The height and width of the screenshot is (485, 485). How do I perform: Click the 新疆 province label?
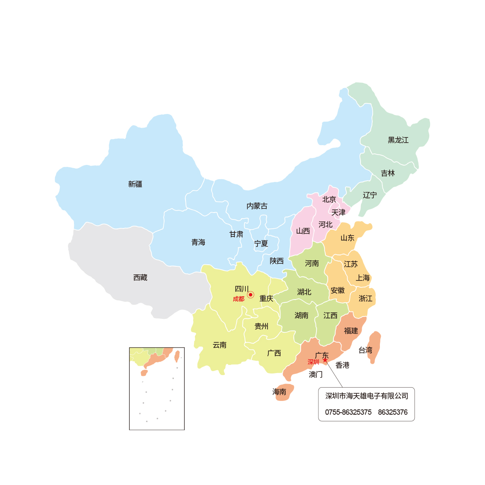point(135,184)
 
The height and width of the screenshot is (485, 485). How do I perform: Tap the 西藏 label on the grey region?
point(140,278)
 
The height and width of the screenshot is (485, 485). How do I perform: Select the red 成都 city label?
point(238,299)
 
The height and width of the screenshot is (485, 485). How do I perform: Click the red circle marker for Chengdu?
point(251,295)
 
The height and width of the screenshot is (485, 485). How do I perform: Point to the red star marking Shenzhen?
point(325,360)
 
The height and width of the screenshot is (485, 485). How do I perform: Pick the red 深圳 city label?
point(313,362)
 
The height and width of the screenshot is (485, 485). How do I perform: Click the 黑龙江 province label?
point(398,140)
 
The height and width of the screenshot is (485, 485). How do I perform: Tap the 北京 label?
point(329,200)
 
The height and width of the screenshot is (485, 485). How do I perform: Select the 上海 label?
point(363,278)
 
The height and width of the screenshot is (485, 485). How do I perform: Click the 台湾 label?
point(365,350)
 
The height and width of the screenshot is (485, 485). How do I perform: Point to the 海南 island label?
point(279,392)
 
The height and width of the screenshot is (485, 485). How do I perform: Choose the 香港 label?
point(342,365)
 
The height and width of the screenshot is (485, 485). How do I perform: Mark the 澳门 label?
point(316,375)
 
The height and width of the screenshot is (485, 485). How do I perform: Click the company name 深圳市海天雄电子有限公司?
point(367,396)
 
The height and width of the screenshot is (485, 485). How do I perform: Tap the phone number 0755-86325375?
point(348,412)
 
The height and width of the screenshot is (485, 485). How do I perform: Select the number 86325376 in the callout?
point(392,412)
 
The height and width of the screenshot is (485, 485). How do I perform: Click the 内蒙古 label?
point(257,206)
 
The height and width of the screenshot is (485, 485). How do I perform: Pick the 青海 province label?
point(198,242)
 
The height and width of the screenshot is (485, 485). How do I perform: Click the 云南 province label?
point(220,345)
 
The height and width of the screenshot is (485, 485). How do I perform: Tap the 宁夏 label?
point(261,244)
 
